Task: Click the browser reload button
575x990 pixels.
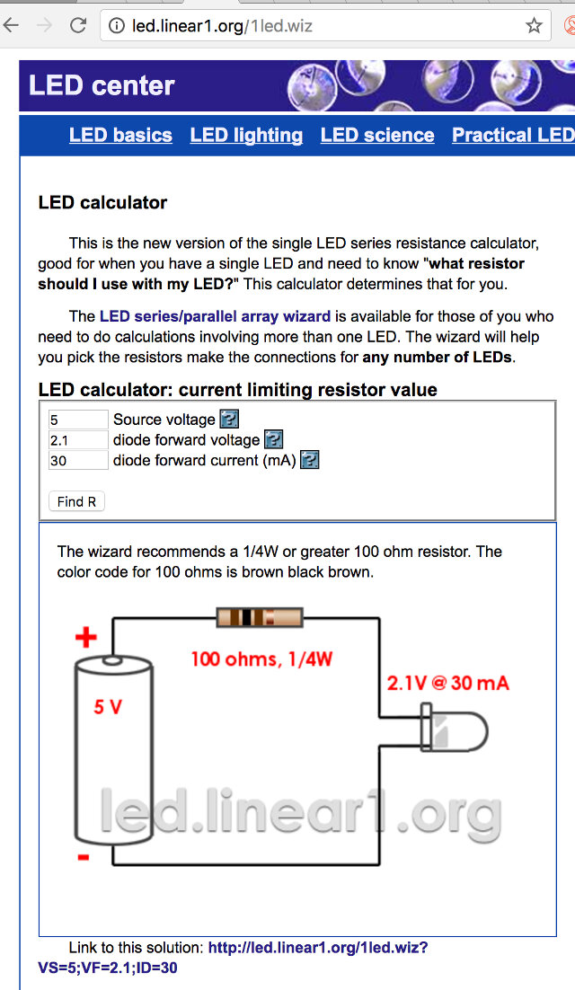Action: point(78,25)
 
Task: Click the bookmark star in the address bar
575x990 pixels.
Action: point(534,25)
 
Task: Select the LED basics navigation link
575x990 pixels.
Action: point(120,135)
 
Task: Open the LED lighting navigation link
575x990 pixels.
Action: point(246,135)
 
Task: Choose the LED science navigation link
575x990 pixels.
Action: point(377,135)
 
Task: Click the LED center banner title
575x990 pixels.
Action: point(102,85)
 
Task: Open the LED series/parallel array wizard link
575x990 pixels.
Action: point(215,316)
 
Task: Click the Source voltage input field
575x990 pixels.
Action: point(78,420)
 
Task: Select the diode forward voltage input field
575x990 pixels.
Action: point(78,440)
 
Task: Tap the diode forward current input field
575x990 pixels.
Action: point(78,461)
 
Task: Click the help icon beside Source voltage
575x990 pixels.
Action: point(229,420)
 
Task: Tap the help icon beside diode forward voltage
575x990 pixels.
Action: point(273,440)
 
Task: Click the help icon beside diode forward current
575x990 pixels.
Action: point(310,461)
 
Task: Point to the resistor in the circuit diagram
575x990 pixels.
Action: point(260,617)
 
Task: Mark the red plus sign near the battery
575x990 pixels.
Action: point(85,638)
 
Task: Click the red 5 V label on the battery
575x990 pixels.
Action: point(107,707)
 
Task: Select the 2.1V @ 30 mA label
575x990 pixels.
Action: point(447,683)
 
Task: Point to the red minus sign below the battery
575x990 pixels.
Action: point(84,858)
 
